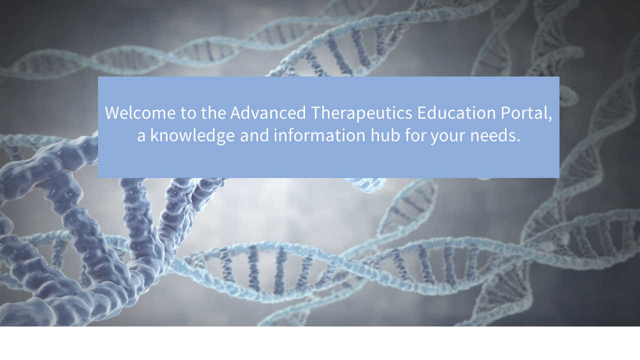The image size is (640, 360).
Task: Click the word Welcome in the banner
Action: [140, 113]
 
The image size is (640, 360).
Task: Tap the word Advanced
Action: [268, 113]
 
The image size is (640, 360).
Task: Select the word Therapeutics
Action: [361, 113]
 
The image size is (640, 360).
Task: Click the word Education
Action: [456, 113]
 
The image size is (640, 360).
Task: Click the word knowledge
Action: [192, 136]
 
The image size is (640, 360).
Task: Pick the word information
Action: [319, 135]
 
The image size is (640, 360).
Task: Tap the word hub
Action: [385, 135]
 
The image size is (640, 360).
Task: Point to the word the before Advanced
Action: [213, 113]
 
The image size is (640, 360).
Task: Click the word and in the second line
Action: [254, 135]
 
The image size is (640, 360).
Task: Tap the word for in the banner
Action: [415, 135]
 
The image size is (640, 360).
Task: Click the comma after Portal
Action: [550, 119]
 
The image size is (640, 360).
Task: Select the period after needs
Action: [518, 140]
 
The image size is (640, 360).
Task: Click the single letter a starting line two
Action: [141, 137]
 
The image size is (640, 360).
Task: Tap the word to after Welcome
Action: [188, 113]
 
